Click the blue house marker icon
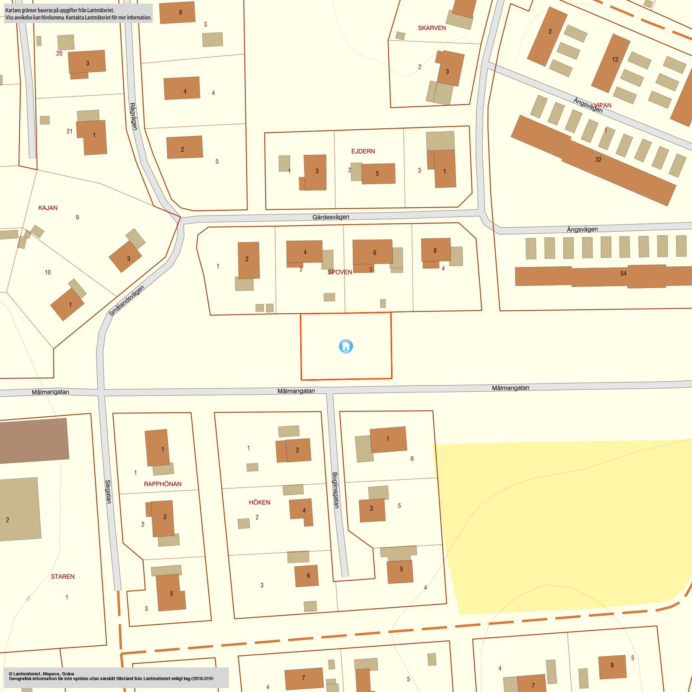point(346,346)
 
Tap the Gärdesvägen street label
point(330,217)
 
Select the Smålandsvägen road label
point(126,301)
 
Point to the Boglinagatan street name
point(336,490)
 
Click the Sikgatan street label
point(108,492)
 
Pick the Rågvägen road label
point(133,117)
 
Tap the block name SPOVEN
point(340,272)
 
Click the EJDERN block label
point(363,151)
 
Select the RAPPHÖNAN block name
point(163,484)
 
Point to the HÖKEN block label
point(260,502)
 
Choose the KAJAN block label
point(48,208)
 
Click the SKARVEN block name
point(432,28)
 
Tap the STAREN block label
point(63,577)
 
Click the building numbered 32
point(598,159)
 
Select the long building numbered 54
point(623,274)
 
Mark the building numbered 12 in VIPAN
point(615,60)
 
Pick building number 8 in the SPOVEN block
point(435,250)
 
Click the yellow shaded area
point(558,524)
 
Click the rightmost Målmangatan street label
point(510,388)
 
